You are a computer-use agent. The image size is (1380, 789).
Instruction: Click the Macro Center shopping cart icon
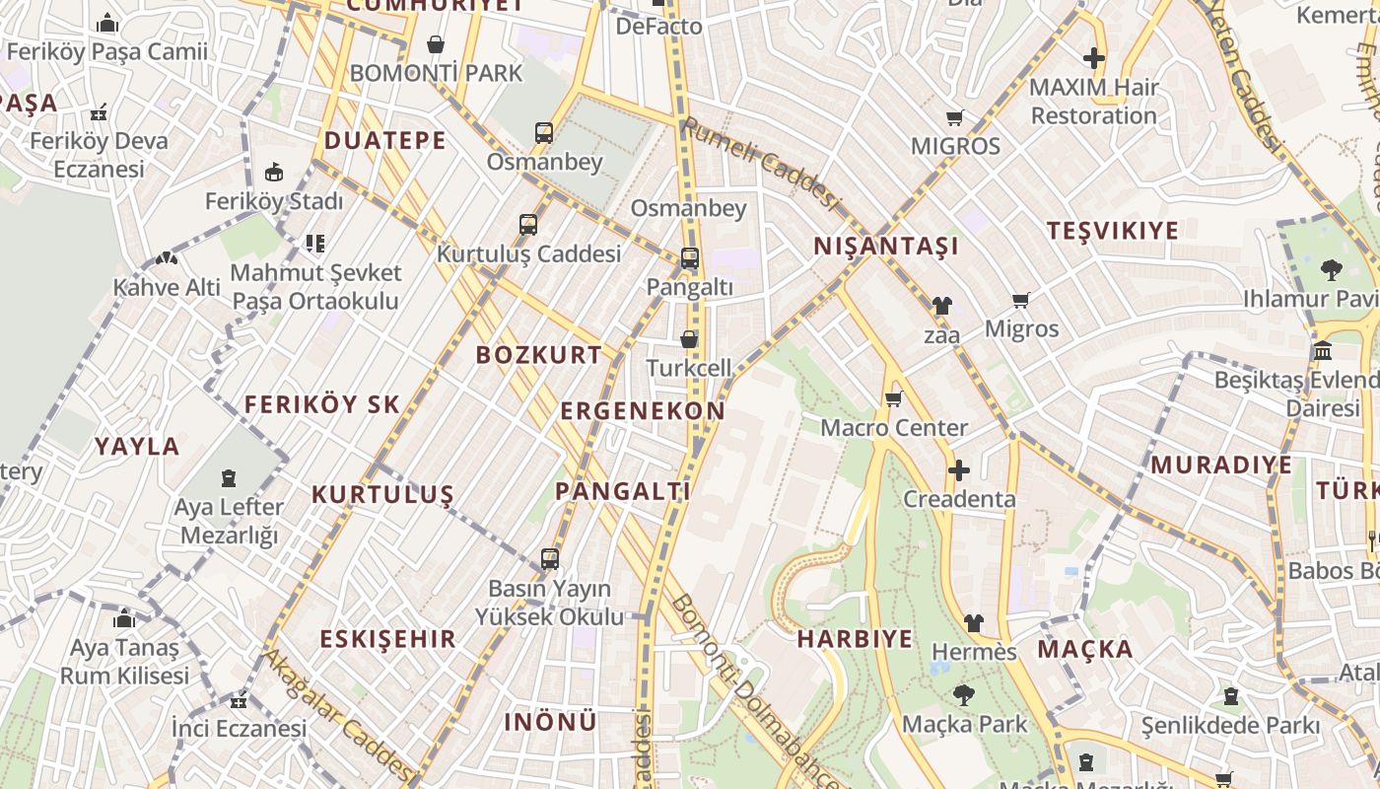893,399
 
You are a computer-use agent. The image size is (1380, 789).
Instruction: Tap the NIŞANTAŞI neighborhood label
886,247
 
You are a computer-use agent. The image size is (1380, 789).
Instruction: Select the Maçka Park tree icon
963,695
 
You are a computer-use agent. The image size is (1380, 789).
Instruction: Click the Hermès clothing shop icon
973,623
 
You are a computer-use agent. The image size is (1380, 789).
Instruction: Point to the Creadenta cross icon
958,470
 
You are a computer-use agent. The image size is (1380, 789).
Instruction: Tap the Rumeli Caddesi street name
761,164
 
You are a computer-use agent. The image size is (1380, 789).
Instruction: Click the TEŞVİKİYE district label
1112,231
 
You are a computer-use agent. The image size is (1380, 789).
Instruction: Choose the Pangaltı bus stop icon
690,259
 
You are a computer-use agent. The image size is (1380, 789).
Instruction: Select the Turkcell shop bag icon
689,339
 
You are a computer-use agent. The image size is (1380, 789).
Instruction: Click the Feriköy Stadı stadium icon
274,173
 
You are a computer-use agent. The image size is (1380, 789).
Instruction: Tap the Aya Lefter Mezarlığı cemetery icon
229,479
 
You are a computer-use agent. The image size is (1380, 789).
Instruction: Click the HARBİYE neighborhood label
855,638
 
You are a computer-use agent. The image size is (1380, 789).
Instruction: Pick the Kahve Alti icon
167,258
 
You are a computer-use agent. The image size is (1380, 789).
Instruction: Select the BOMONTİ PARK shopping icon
436,44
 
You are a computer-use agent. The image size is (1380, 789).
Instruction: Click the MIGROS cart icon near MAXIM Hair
954,118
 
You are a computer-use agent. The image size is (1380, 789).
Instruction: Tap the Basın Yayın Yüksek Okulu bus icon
550,559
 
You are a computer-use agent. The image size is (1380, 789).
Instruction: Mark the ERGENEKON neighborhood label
643,411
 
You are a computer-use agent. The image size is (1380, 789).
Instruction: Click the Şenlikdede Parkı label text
1230,726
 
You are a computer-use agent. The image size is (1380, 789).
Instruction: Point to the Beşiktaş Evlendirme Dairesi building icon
1323,351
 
